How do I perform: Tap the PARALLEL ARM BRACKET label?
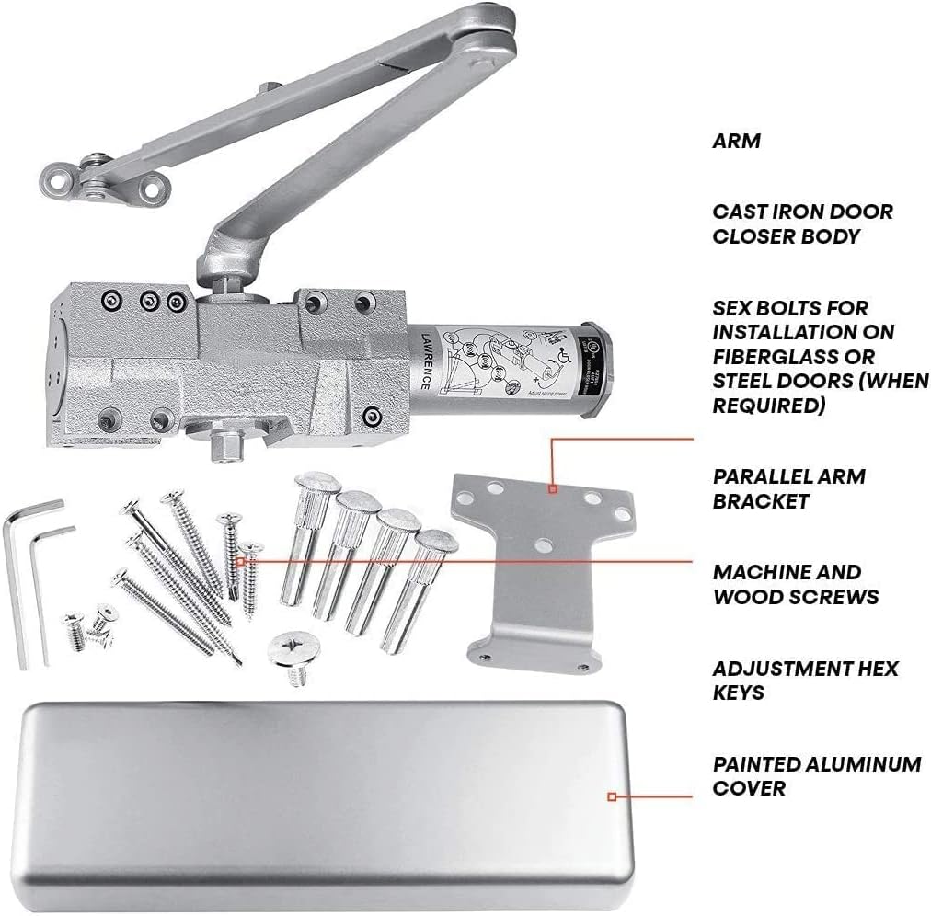point(788,488)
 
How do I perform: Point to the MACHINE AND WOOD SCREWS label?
point(795,584)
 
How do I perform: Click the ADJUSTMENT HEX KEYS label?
point(805,680)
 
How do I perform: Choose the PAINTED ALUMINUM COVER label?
point(816,775)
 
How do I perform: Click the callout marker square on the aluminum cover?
point(612,797)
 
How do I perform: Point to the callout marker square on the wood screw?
point(242,559)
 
